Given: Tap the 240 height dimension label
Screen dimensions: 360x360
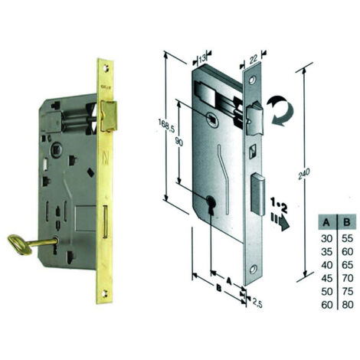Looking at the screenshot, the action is click(303, 174).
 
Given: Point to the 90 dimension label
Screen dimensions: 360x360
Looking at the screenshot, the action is click(179, 141).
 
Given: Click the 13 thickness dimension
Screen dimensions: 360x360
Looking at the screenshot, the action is click(202, 59).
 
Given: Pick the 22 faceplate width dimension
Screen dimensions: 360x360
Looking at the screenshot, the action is click(254, 59).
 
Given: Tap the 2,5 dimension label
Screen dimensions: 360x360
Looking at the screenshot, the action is click(257, 303).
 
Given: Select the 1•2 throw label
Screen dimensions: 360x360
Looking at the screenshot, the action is click(279, 206).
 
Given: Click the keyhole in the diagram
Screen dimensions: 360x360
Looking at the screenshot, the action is click(211, 204).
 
